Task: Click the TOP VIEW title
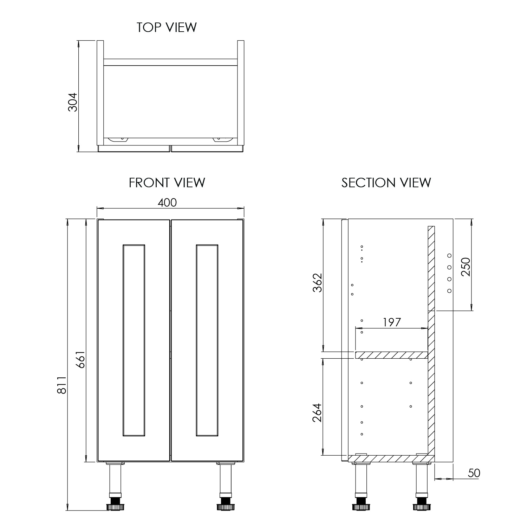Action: (x=167, y=27)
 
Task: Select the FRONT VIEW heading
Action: (x=167, y=183)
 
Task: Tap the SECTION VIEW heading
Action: (x=386, y=183)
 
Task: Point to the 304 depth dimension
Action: (x=72, y=102)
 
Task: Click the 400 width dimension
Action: (x=167, y=203)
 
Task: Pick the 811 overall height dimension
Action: (x=62, y=385)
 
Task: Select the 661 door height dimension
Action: (x=80, y=359)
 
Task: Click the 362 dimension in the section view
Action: (x=317, y=282)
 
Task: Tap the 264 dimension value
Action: (x=317, y=413)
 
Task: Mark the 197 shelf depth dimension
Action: (x=391, y=322)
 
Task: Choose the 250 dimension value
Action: (x=466, y=267)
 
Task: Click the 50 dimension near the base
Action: (x=474, y=473)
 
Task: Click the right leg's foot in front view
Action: (x=226, y=507)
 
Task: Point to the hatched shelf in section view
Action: (x=391, y=355)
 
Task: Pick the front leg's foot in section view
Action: (x=360, y=507)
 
